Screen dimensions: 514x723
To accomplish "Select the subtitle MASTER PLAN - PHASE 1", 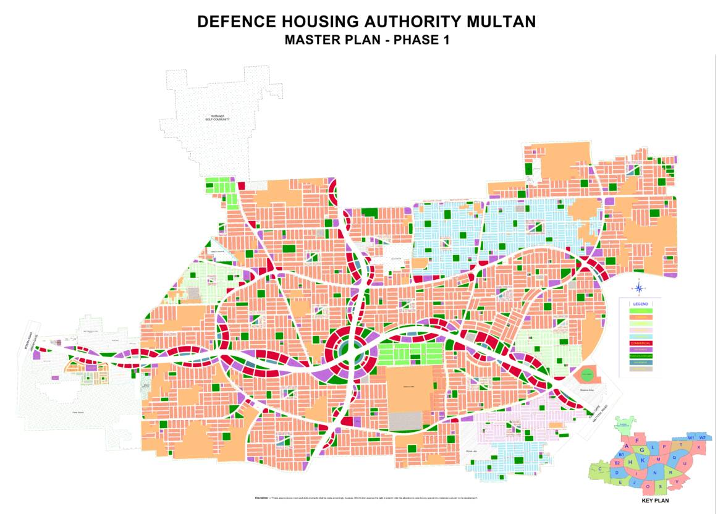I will (x=366, y=41).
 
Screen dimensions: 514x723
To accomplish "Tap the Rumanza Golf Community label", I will (x=218, y=118).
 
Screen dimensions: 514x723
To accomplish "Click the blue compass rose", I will (x=640, y=287).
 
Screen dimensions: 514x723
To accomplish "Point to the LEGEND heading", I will (x=640, y=305).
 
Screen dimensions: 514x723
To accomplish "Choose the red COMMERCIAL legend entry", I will (x=640, y=343).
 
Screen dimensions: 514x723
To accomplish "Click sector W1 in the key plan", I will (x=691, y=437).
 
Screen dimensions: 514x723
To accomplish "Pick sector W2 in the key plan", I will (x=702, y=437).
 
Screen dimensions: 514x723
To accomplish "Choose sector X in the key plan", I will (x=698, y=447).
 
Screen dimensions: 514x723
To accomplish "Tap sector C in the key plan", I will (x=599, y=469).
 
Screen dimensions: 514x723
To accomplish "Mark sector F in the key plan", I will (x=636, y=441).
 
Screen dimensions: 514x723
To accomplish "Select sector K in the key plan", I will (x=643, y=460).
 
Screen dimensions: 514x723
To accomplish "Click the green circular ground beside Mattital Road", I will (x=586, y=374).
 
